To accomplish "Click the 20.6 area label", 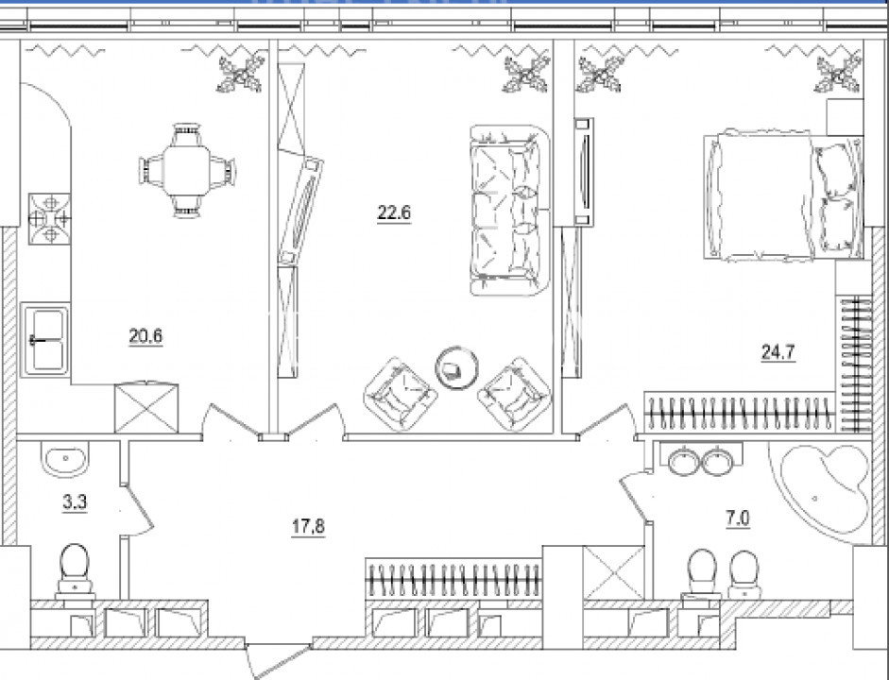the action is coord(145,336).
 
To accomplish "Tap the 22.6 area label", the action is coord(394,213).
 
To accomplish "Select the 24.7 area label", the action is coord(778,353).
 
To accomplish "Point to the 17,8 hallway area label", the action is coord(308,527).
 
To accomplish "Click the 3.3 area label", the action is coord(75,502).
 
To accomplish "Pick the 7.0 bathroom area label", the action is coord(738,518).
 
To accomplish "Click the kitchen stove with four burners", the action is coord(50,219).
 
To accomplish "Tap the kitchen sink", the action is coord(45,340).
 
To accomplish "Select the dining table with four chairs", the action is coord(187,171).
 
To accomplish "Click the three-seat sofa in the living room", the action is coord(510,210).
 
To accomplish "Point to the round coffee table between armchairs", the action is coord(457,368).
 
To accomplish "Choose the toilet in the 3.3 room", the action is coord(75,571).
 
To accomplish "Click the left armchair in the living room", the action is coord(401,395).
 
